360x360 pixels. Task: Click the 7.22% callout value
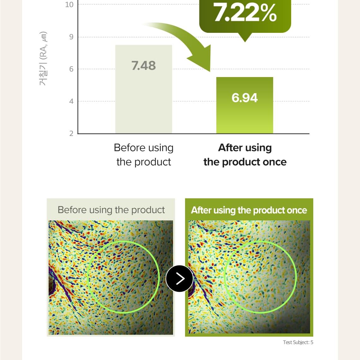click(x=245, y=13)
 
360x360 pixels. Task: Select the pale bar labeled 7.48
click(x=144, y=89)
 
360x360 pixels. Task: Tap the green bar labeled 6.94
click(x=245, y=105)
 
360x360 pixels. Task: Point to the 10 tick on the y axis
click(x=69, y=5)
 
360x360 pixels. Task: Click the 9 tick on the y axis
click(x=71, y=37)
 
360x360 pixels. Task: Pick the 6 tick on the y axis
click(x=71, y=69)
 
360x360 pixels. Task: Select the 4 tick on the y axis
click(x=71, y=101)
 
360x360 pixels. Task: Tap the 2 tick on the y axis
click(x=71, y=133)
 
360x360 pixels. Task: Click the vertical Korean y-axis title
click(x=43, y=58)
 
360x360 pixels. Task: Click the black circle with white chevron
click(x=179, y=279)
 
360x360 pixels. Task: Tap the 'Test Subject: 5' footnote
click(x=298, y=342)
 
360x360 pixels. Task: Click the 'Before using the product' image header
click(x=111, y=210)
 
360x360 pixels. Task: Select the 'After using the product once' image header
click(x=249, y=210)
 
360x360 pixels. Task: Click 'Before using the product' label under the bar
click(x=144, y=155)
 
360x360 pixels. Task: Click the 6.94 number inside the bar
click(x=245, y=98)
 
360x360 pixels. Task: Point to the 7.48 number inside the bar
click(x=144, y=65)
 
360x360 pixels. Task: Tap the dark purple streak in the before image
click(x=61, y=282)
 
